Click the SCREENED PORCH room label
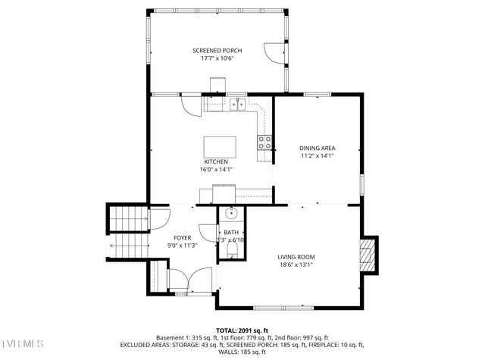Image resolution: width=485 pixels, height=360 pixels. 216,50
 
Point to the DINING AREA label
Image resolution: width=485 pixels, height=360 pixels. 317,148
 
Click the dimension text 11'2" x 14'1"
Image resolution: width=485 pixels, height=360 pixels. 317,156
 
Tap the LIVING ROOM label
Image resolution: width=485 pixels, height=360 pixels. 295,256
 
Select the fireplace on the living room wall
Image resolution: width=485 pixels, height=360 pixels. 368,255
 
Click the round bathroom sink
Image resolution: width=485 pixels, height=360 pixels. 231,214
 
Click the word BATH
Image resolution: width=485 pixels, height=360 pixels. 231,233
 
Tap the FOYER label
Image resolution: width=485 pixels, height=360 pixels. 183,237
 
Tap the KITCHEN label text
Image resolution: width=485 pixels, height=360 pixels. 216,161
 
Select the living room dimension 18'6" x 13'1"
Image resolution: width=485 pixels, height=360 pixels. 295,265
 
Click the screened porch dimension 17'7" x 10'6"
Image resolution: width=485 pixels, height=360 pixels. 216,58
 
